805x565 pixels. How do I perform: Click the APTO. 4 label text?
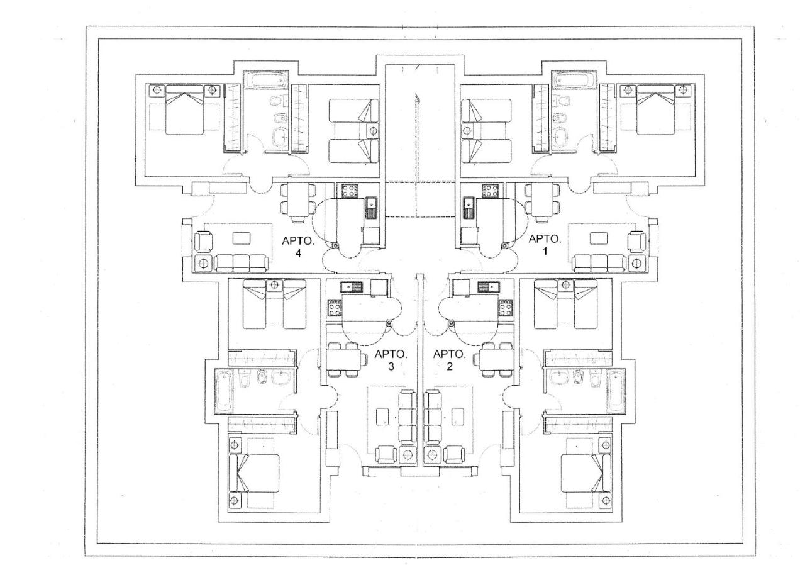(298, 247)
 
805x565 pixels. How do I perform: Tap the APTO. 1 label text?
(545, 245)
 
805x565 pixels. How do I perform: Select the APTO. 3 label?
(391, 360)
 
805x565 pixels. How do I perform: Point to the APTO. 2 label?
(449, 360)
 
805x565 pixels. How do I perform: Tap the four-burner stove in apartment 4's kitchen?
(348, 191)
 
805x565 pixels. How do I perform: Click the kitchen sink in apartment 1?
(468, 208)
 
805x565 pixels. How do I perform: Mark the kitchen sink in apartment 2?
(488, 287)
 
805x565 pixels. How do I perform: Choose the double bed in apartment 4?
(184, 110)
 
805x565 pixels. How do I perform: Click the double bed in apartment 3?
(255, 473)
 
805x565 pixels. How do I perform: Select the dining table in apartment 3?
(343, 359)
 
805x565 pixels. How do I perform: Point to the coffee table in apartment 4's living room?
(241, 238)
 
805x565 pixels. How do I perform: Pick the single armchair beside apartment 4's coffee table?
(203, 242)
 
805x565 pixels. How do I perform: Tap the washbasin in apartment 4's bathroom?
(280, 137)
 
